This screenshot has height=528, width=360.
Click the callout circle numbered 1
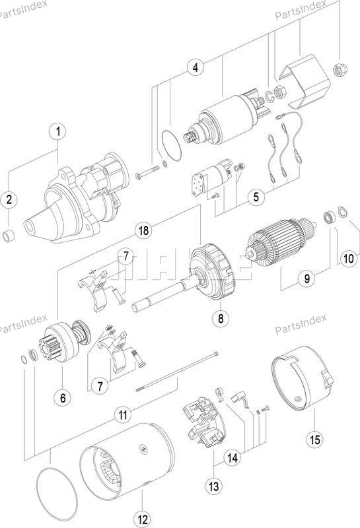(x=58, y=131)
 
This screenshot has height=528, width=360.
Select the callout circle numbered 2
(x=9, y=199)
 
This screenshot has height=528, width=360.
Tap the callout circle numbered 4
(x=196, y=67)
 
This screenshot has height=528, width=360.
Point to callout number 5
(x=256, y=197)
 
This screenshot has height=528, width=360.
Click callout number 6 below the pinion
(x=63, y=398)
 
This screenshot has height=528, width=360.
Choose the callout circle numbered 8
(x=221, y=318)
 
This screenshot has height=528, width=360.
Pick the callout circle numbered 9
(x=306, y=279)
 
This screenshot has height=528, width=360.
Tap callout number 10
(x=349, y=258)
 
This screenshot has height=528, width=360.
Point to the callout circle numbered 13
(x=214, y=486)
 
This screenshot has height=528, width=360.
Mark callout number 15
(x=314, y=440)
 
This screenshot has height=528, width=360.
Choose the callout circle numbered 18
(x=143, y=230)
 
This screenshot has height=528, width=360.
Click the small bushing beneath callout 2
(x=9, y=236)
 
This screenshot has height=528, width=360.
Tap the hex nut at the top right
(x=340, y=69)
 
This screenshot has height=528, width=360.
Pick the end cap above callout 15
(x=303, y=376)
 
